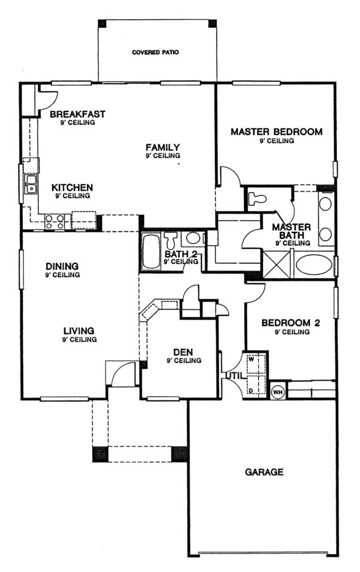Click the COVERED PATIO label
point(155,52)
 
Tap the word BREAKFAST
point(77,114)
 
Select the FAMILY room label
point(163,147)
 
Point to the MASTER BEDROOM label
point(277,132)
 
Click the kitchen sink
point(31,184)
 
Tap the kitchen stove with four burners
point(55,222)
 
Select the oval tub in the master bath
point(314,264)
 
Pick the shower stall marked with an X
point(278,264)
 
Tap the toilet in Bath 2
point(170,240)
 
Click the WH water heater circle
point(277,392)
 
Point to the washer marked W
point(256,363)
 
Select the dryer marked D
point(256,385)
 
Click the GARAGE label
point(264,472)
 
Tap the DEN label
point(183,353)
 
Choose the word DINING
point(62,266)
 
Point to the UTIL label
point(234,375)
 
